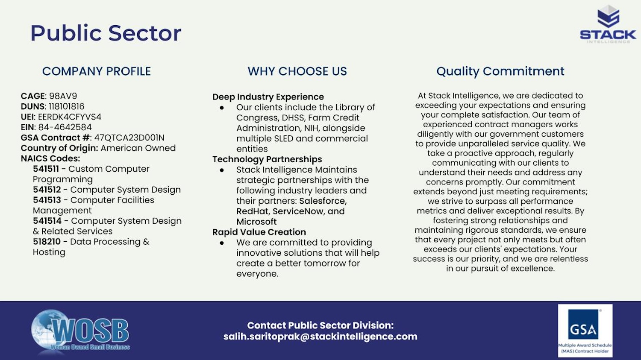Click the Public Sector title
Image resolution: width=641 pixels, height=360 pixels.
(x=106, y=33)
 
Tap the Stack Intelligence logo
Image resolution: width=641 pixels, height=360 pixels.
(x=608, y=24)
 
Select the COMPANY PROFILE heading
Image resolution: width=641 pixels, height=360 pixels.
(x=97, y=71)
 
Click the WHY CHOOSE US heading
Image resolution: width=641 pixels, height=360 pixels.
(x=297, y=71)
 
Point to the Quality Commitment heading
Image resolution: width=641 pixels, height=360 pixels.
(x=500, y=71)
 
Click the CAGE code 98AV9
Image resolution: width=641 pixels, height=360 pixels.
(x=63, y=96)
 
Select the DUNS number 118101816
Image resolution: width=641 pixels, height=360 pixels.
(x=67, y=106)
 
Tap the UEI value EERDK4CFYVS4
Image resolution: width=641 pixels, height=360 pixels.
(x=70, y=117)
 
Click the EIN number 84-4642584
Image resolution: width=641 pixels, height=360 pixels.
(x=65, y=127)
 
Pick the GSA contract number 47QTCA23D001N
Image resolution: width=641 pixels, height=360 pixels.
(x=129, y=138)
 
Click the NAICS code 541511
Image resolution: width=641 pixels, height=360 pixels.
(x=46, y=169)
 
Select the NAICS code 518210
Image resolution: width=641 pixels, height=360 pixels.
(x=47, y=242)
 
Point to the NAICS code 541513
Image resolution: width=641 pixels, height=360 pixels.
(x=47, y=200)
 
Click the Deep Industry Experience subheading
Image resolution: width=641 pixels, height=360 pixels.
(x=268, y=97)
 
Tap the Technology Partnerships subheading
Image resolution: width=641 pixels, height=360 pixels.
(x=267, y=159)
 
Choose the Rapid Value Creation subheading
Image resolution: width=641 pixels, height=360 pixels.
(x=259, y=232)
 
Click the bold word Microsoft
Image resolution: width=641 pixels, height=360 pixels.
(x=256, y=222)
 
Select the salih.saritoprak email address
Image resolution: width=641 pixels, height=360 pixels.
(x=320, y=337)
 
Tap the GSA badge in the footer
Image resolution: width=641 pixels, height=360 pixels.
(x=585, y=330)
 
